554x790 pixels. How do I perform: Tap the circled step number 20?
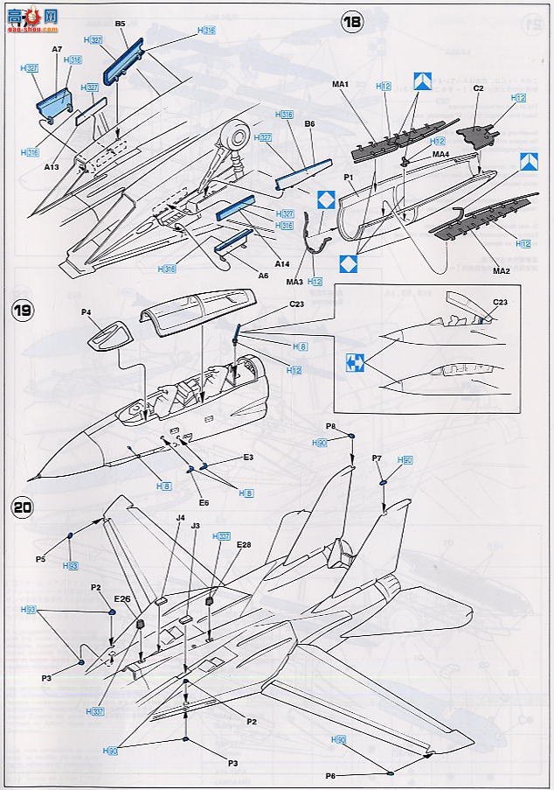(23, 507)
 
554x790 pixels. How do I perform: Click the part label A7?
(56, 51)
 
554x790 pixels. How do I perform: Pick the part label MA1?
(341, 84)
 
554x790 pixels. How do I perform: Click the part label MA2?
(501, 271)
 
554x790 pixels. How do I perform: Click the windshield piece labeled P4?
(110, 332)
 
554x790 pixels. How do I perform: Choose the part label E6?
(203, 502)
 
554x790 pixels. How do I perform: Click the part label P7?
(377, 458)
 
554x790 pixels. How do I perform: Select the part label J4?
(181, 518)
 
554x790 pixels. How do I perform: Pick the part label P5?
(41, 558)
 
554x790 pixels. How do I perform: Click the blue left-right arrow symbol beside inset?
(355, 358)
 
